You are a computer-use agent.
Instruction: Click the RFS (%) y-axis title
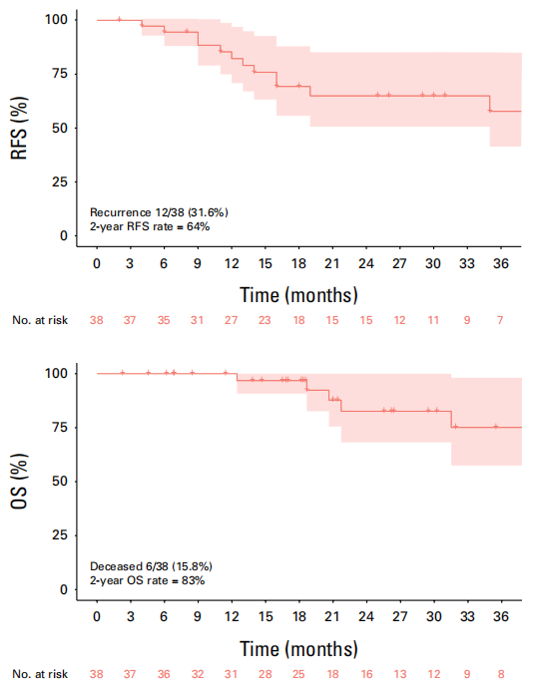19,128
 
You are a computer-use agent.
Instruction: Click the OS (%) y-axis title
19,482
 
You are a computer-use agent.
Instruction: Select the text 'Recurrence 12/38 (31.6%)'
159,212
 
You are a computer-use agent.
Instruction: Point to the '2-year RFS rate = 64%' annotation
150,227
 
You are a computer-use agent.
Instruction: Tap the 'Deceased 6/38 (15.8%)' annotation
151,566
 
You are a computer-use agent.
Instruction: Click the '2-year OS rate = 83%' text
147,580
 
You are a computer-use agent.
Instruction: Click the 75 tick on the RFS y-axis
60,73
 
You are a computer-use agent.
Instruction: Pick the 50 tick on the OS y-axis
60,482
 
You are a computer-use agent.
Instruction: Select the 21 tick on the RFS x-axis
332,263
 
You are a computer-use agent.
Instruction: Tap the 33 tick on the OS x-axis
467,617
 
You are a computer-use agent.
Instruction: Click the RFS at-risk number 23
265,320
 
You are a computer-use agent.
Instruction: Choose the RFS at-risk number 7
500,320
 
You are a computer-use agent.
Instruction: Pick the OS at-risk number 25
298,674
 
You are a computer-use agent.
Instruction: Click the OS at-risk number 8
501,674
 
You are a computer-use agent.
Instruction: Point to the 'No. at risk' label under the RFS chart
40,320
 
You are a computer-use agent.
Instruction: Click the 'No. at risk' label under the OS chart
40,674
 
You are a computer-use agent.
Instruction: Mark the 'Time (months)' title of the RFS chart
298,295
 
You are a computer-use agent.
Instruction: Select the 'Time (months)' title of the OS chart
298,649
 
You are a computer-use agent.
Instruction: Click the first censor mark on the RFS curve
119,19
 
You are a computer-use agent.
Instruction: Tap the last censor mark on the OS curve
496,427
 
